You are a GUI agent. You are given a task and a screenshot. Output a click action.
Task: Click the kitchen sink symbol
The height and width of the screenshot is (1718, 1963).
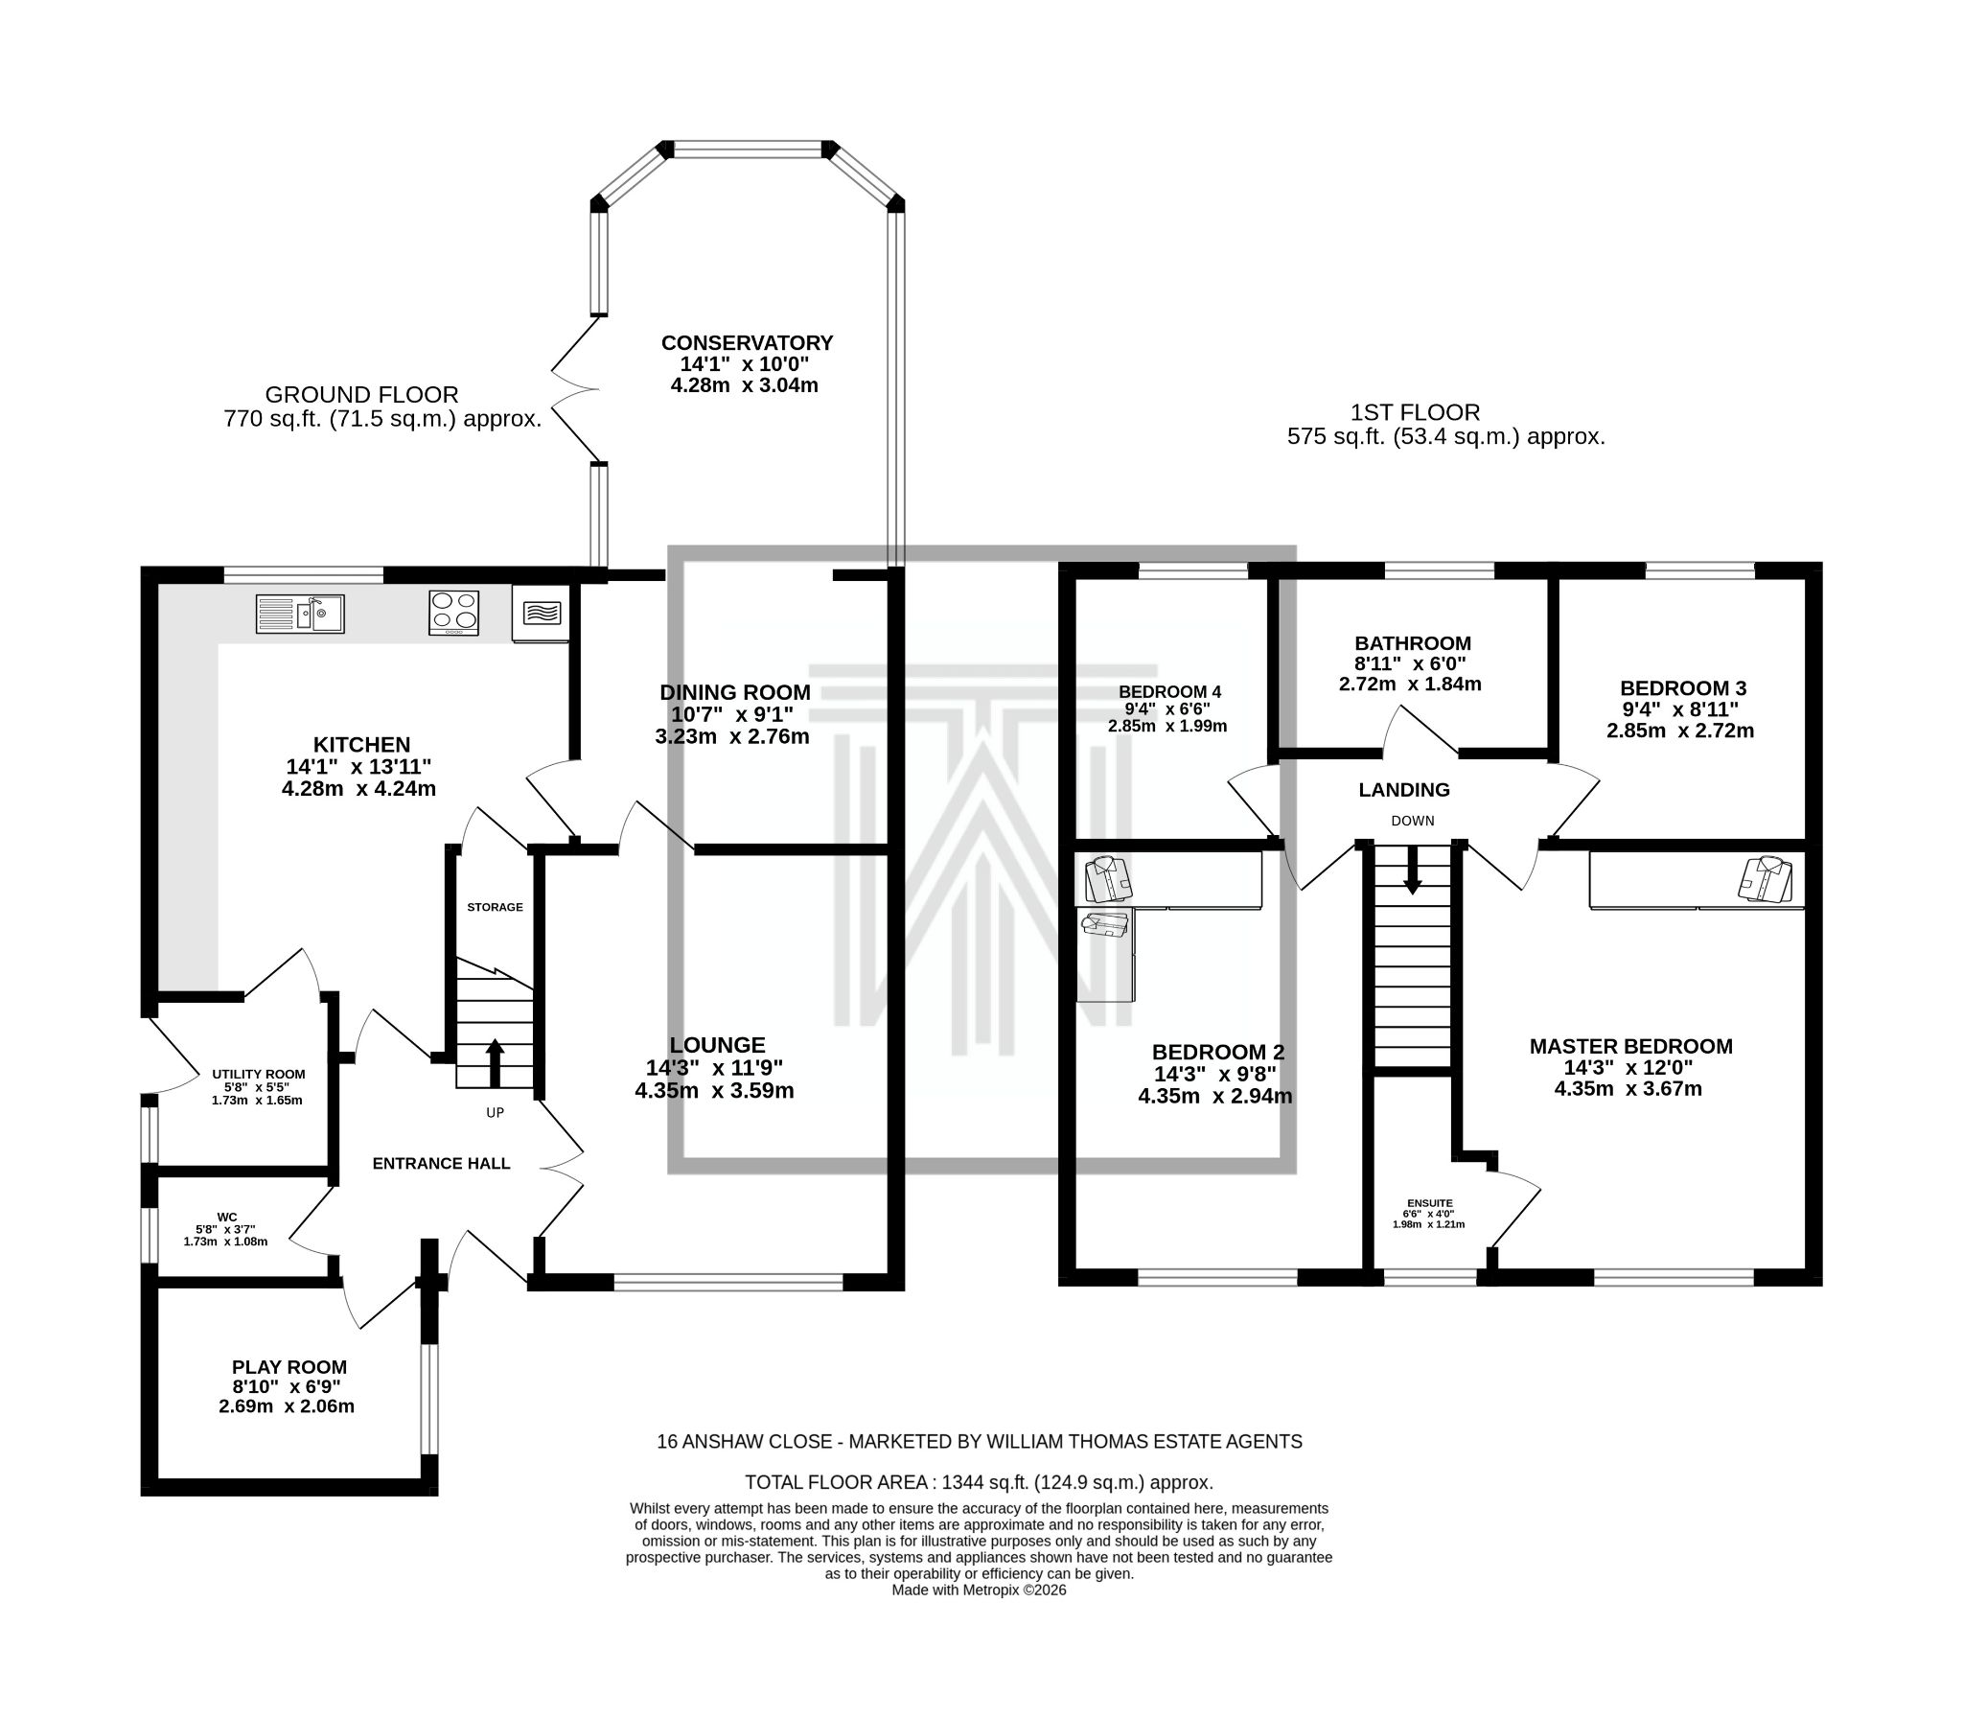pos(299,614)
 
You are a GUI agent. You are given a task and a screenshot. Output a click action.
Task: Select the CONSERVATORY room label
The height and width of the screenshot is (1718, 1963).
pos(747,342)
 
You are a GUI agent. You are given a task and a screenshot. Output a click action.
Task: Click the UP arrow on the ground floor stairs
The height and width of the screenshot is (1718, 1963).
pos(495,1061)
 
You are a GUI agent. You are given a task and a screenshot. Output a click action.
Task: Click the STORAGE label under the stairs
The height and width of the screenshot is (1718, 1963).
pos(495,907)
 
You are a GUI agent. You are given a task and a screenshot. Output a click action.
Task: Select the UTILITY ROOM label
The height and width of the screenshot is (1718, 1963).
pos(258,1074)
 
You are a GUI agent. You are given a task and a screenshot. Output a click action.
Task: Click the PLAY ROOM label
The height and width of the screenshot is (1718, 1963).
pos(289,1367)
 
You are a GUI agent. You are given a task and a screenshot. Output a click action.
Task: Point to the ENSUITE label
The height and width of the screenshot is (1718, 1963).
pos(1429,1202)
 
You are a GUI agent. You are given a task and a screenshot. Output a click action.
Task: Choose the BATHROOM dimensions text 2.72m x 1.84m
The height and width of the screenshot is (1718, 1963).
pos(1410,685)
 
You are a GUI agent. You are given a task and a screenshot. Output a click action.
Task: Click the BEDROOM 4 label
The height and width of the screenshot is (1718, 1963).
pos(1168,692)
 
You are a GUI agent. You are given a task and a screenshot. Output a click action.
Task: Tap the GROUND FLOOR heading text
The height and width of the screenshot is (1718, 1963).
pos(361,394)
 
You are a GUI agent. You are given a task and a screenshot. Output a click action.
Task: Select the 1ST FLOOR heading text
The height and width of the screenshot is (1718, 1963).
pos(1415,412)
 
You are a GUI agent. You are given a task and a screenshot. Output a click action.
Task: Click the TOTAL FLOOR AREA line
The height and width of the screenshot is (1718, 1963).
pos(979,1482)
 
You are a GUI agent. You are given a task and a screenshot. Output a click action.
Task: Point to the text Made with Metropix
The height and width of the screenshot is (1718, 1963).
pos(979,1590)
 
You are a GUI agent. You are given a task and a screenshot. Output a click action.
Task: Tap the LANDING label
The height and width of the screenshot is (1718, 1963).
pos(1403,790)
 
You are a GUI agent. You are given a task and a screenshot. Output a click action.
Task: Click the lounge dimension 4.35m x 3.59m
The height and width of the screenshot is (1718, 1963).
pos(714,1090)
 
